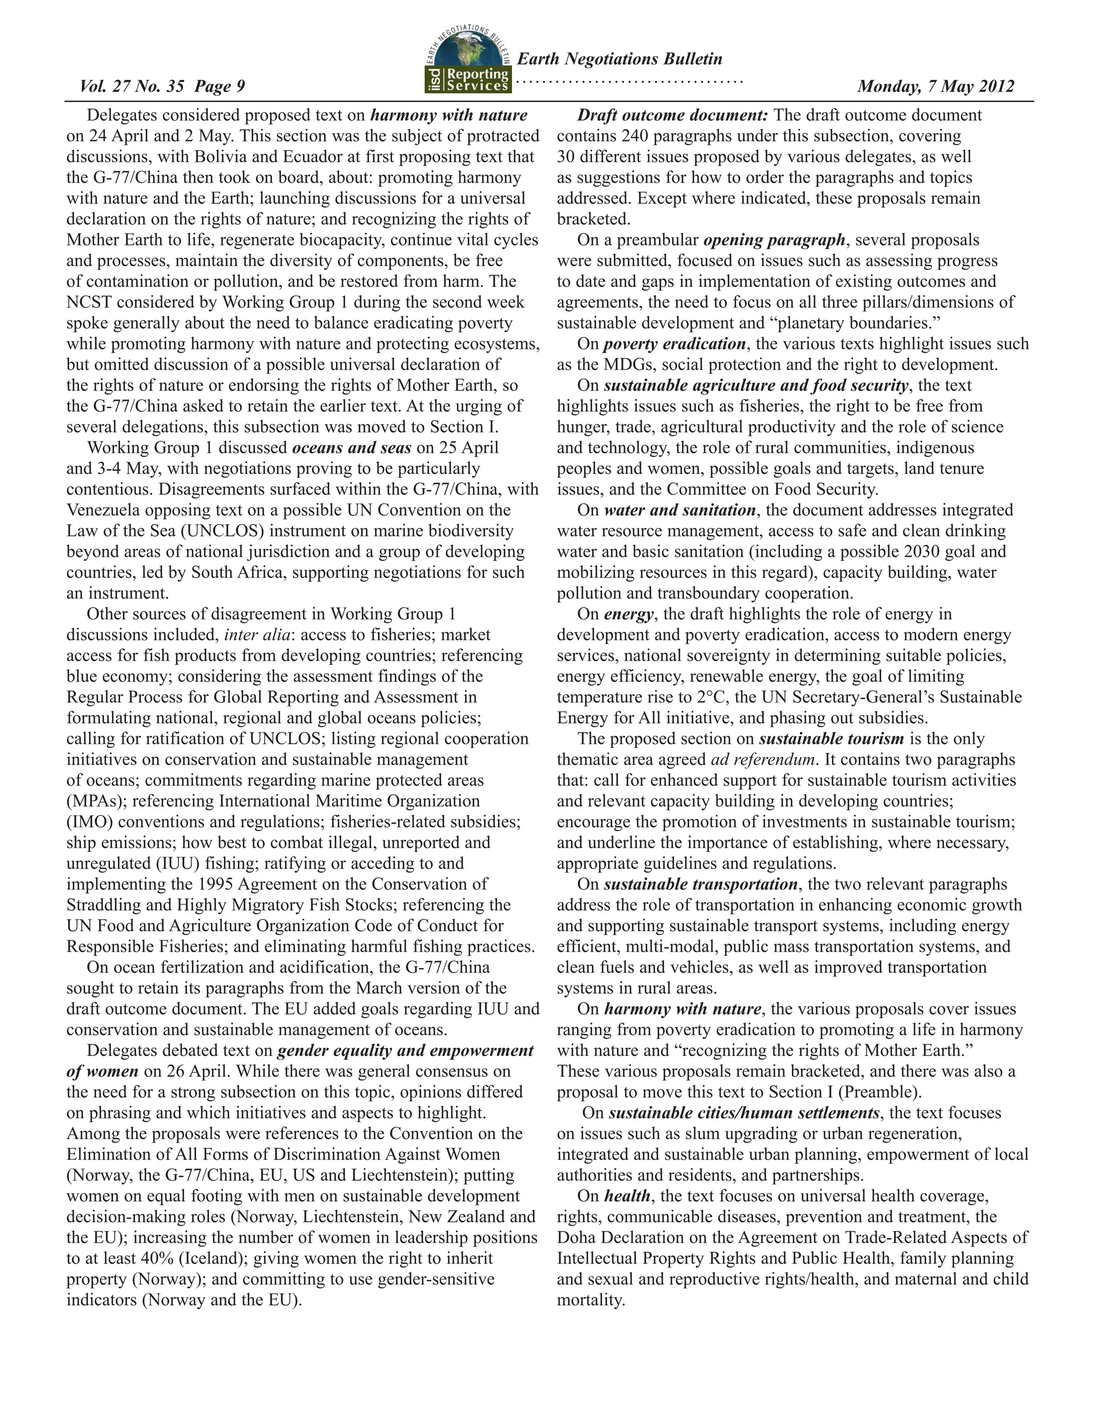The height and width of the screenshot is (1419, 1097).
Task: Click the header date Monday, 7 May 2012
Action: [x=935, y=86]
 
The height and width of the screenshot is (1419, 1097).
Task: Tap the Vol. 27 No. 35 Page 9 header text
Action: [x=162, y=86]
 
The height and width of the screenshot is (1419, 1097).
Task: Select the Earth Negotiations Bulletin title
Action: [x=619, y=59]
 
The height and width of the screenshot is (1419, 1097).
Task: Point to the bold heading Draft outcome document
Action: [x=673, y=115]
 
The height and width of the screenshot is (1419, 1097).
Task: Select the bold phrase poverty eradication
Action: [x=674, y=344]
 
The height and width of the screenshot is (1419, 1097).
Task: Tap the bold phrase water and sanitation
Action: [x=680, y=510]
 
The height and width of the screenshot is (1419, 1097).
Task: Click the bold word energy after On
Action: [x=628, y=614]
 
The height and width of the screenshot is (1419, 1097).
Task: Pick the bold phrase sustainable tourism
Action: [x=831, y=739]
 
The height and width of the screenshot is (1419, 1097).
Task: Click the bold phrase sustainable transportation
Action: [x=701, y=884]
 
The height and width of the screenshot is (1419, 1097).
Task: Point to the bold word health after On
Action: [x=627, y=1196]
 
